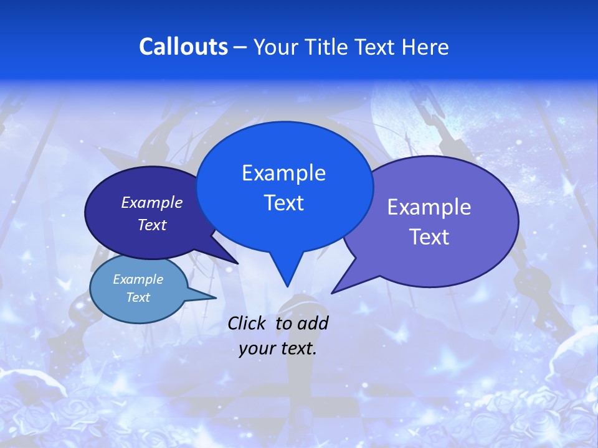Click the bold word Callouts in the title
point(183,47)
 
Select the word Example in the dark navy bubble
point(151,202)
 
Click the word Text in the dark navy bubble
point(151,225)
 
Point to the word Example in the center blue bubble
point(283,173)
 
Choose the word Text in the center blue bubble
point(283,203)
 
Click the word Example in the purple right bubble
point(429,207)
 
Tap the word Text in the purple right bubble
point(429,237)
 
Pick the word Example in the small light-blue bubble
point(138,279)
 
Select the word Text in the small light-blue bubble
point(138,297)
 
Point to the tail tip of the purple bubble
point(333,292)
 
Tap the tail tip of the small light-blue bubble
point(216,297)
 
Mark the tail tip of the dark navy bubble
point(237,263)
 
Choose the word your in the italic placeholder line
point(257,348)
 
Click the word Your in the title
point(273,47)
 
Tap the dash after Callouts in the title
point(240,47)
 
